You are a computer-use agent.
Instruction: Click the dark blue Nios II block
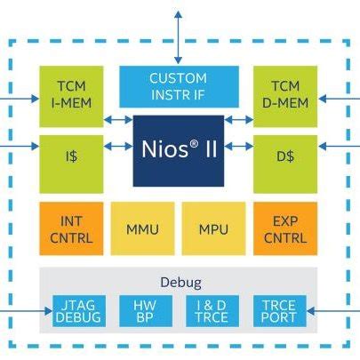[x=178, y=149]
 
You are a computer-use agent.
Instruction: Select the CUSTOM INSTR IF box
[x=178, y=86]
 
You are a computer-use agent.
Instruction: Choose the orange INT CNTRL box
[x=70, y=228]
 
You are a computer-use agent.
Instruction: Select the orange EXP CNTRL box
[x=284, y=228]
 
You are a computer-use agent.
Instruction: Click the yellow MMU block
[x=142, y=228]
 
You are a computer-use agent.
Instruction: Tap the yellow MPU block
[x=213, y=228]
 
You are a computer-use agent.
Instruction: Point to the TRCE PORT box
[x=279, y=310]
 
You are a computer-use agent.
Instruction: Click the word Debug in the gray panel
[x=180, y=283]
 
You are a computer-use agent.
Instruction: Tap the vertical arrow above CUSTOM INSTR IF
[x=178, y=36]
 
